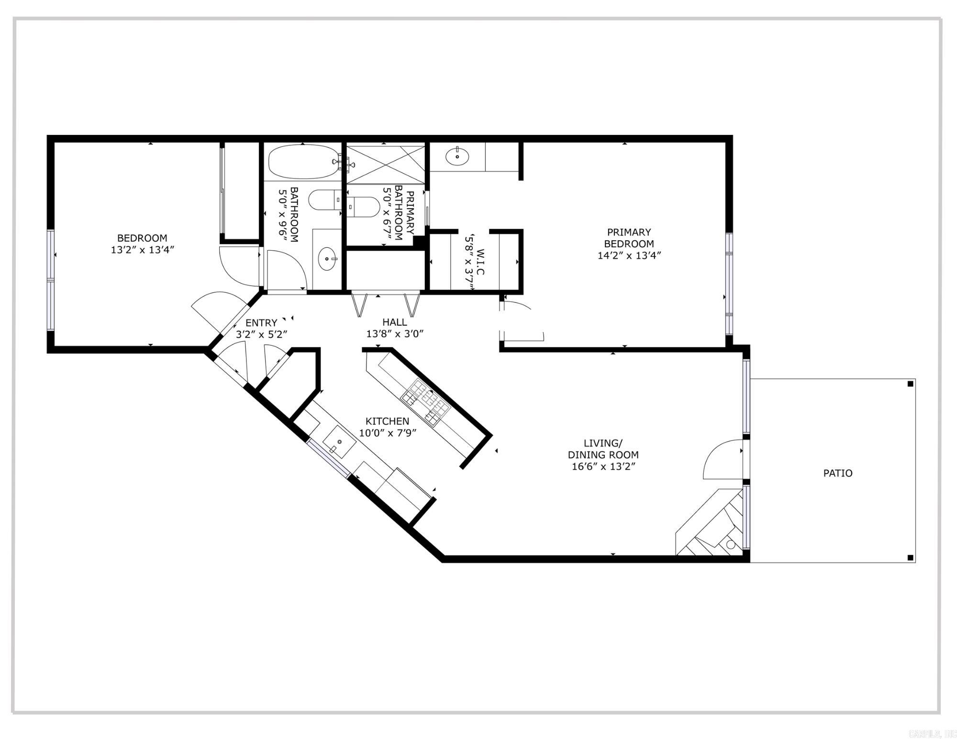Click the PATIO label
coord(837,473)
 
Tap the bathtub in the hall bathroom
coord(303,162)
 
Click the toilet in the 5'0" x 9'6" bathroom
coord(324,200)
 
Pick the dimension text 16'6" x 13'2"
coord(603,466)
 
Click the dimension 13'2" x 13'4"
coord(142,250)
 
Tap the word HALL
coord(394,322)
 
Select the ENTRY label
coord(261,323)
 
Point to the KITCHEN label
coord(387,421)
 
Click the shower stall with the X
coord(385,164)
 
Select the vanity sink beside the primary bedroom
coord(457,156)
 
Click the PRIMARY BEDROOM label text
coord(629,238)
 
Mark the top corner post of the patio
coord(911,384)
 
